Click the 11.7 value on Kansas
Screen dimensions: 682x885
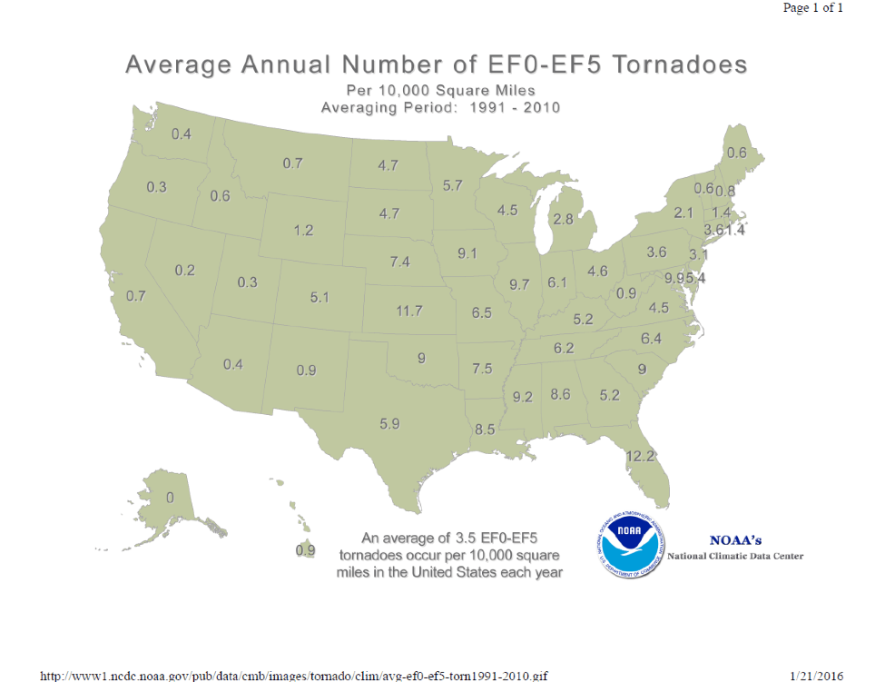click(x=409, y=311)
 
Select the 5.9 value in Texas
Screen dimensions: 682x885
click(x=390, y=422)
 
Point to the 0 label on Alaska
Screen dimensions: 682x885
click(x=170, y=499)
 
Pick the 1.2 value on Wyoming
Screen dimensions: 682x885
click(x=303, y=231)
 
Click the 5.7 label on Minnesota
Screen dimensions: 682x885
click(x=453, y=185)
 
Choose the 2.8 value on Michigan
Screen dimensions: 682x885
click(x=563, y=220)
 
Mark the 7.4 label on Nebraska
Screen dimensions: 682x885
click(x=399, y=262)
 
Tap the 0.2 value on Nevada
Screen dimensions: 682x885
click(x=185, y=271)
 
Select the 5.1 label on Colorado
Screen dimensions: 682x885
click(x=319, y=297)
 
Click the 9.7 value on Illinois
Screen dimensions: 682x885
click(x=519, y=285)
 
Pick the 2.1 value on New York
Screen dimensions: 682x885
click(x=683, y=213)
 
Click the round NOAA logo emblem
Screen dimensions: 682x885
click(x=630, y=541)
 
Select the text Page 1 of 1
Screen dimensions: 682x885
click(x=813, y=8)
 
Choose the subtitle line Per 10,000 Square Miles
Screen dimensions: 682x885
click(x=440, y=91)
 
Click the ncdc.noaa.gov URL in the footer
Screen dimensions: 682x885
click(x=294, y=675)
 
